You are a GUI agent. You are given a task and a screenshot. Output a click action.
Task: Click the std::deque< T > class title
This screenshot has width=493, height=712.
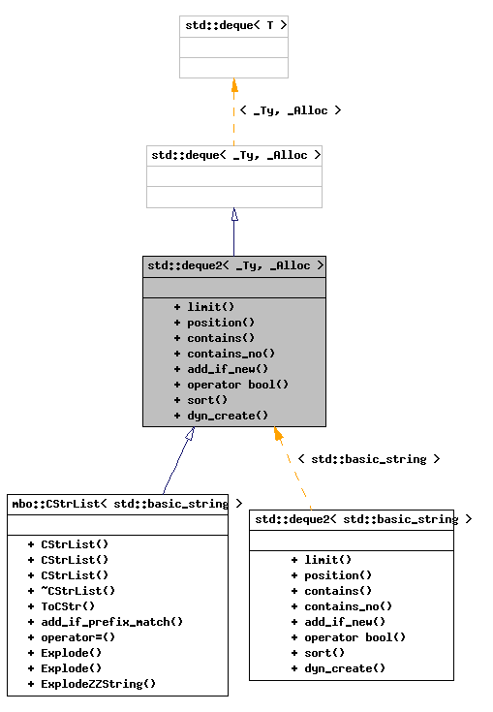pyautogui.click(x=233, y=26)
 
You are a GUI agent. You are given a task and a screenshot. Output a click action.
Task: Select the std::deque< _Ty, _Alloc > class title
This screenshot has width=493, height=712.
pyautogui.click(x=234, y=155)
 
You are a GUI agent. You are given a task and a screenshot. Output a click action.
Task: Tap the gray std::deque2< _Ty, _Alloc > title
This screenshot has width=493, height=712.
pyautogui.click(x=234, y=265)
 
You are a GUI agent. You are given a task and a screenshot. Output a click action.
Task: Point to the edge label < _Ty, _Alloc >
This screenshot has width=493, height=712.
pyautogui.click(x=290, y=110)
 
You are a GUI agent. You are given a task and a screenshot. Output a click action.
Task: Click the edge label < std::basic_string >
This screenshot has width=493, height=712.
pyautogui.click(x=368, y=459)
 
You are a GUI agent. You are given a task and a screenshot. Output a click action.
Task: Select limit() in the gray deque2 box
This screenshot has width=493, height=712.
pyautogui.click(x=210, y=307)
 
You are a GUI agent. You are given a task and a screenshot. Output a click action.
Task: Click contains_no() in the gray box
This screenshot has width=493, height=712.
pyautogui.click(x=231, y=354)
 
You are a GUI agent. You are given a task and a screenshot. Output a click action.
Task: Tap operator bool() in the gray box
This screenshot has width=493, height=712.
pyautogui.click(x=237, y=385)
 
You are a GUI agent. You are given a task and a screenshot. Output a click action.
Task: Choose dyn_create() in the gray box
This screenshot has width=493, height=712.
pyautogui.click(x=227, y=416)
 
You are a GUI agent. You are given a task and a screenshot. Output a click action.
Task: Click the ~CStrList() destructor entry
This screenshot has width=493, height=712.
pyautogui.click(x=77, y=590)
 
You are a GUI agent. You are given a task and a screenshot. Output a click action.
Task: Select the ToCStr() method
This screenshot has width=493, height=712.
pyautogui.click(x=68, y=605)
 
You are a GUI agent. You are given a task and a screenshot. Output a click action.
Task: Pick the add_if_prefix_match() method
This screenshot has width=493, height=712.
pyautogui.click(x=111, y=621)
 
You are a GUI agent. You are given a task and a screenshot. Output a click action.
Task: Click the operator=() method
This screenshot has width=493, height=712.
pyautogui.click(x=77, y=636)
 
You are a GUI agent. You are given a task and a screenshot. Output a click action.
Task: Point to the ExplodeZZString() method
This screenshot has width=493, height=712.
pyautogui.click(x=98, y=683)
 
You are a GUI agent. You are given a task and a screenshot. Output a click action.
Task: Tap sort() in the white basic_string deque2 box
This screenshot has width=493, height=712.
pyautogui.click(x=324, y=652)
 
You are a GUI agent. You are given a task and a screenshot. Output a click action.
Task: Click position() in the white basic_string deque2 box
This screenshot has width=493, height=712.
pyautogui.click(x=338, y=574)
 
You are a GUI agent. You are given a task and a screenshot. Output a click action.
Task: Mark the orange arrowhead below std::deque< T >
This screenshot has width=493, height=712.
pyautogui.click(x=234, y=85)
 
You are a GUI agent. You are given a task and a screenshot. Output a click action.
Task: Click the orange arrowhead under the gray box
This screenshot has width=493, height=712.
pyautogui.click(x=278, y=435)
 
